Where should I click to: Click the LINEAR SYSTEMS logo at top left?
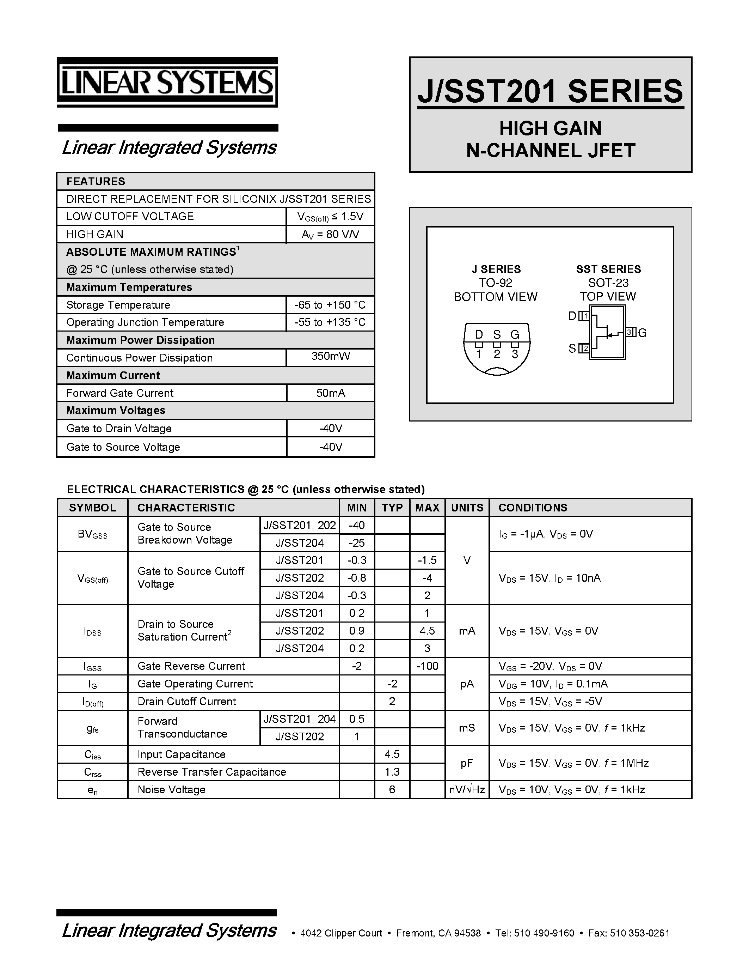pyautogui.click(x=167, y=82)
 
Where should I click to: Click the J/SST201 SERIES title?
pyautogui.click(x=550, y=91)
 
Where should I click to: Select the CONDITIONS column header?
pyautogui.click(x=533, y=508)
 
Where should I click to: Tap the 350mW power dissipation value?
pyautogui.click(x=331, y=356)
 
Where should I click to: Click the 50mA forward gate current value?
pyautogui.click(x=331, y=393)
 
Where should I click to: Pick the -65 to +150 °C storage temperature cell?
pyautogui.click(x=330, y=305)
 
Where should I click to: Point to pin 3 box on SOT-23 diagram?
pyautogui.click(x=630, y=332)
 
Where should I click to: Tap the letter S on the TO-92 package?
pyautogui.click(x=497, y=334)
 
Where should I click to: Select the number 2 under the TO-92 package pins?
pyautogui.click(x=497, y=354)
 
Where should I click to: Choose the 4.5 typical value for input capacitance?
pyautogui.click(x=392, y=754)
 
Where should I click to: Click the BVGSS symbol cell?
pyautogui.click(x=92, y=534)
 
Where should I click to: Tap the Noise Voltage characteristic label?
pyautogui.click(x=171, y=790)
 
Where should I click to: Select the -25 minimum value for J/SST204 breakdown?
pyautogui.click(x=357, y=543)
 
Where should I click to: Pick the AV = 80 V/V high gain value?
pyautogui.click(x=331, y=235)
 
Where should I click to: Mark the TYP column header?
pyautogui.click(x=392, y=508)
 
